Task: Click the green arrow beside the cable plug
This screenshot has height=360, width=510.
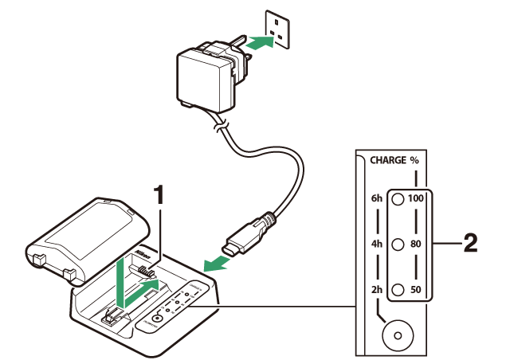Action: pos(214,264)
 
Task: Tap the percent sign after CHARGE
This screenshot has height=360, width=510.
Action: pos(414,160)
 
